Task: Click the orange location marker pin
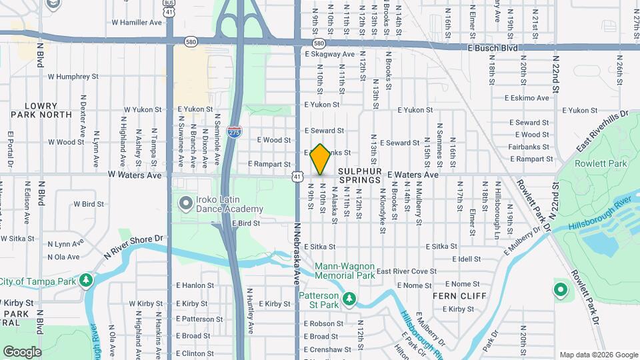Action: tap(321, 159)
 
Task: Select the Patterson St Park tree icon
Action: tap(349, 301)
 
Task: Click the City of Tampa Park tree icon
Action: tap(85, 281)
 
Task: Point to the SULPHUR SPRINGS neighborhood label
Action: tap(359, 175)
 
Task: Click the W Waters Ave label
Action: tap(135, 175)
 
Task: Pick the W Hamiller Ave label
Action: tap(137, 22)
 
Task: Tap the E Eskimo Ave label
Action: tap(526, 98)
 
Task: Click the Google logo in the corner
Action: tap(22, 351)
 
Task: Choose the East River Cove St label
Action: tap(406, 271)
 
